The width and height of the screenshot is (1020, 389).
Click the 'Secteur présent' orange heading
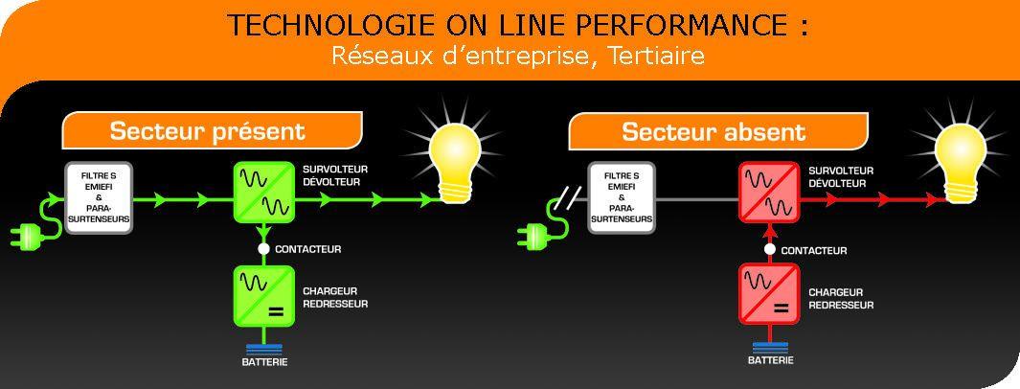pyautogui.click(x=208, y=131)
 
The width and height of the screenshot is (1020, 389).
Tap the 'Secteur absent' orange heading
pyautogui.click(x=714, y=132)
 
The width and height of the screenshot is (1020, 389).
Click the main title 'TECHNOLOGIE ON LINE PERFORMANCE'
pyautogui.click(x=517, y=26)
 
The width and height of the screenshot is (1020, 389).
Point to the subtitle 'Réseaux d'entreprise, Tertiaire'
pyautogui.click(x=517, y=56)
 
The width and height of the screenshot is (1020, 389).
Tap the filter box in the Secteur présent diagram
pyautogui.click(x=98, y=198)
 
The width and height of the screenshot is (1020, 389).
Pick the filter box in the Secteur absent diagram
pyautogui.click(x=621, y=198)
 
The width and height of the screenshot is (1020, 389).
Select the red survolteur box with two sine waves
pyautogui.click(x=769, y=193)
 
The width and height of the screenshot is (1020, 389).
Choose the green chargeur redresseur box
pyautogui.click(x=263, y=297)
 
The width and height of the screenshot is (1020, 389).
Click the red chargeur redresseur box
pyautogui.click(x=768, y=297)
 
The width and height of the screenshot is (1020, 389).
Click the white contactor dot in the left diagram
pyautogui.click(x=263, y=249)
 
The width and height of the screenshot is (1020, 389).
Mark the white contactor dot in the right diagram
pyautogui.click(x=769, y=249)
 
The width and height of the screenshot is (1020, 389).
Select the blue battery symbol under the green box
pyautogui.click(x=263, y=348)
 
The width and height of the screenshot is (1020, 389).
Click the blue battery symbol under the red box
pyautogui.click(x=769, y=348)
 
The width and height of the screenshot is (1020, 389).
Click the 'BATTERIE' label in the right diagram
pyautogui.click(x=770, y=361)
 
